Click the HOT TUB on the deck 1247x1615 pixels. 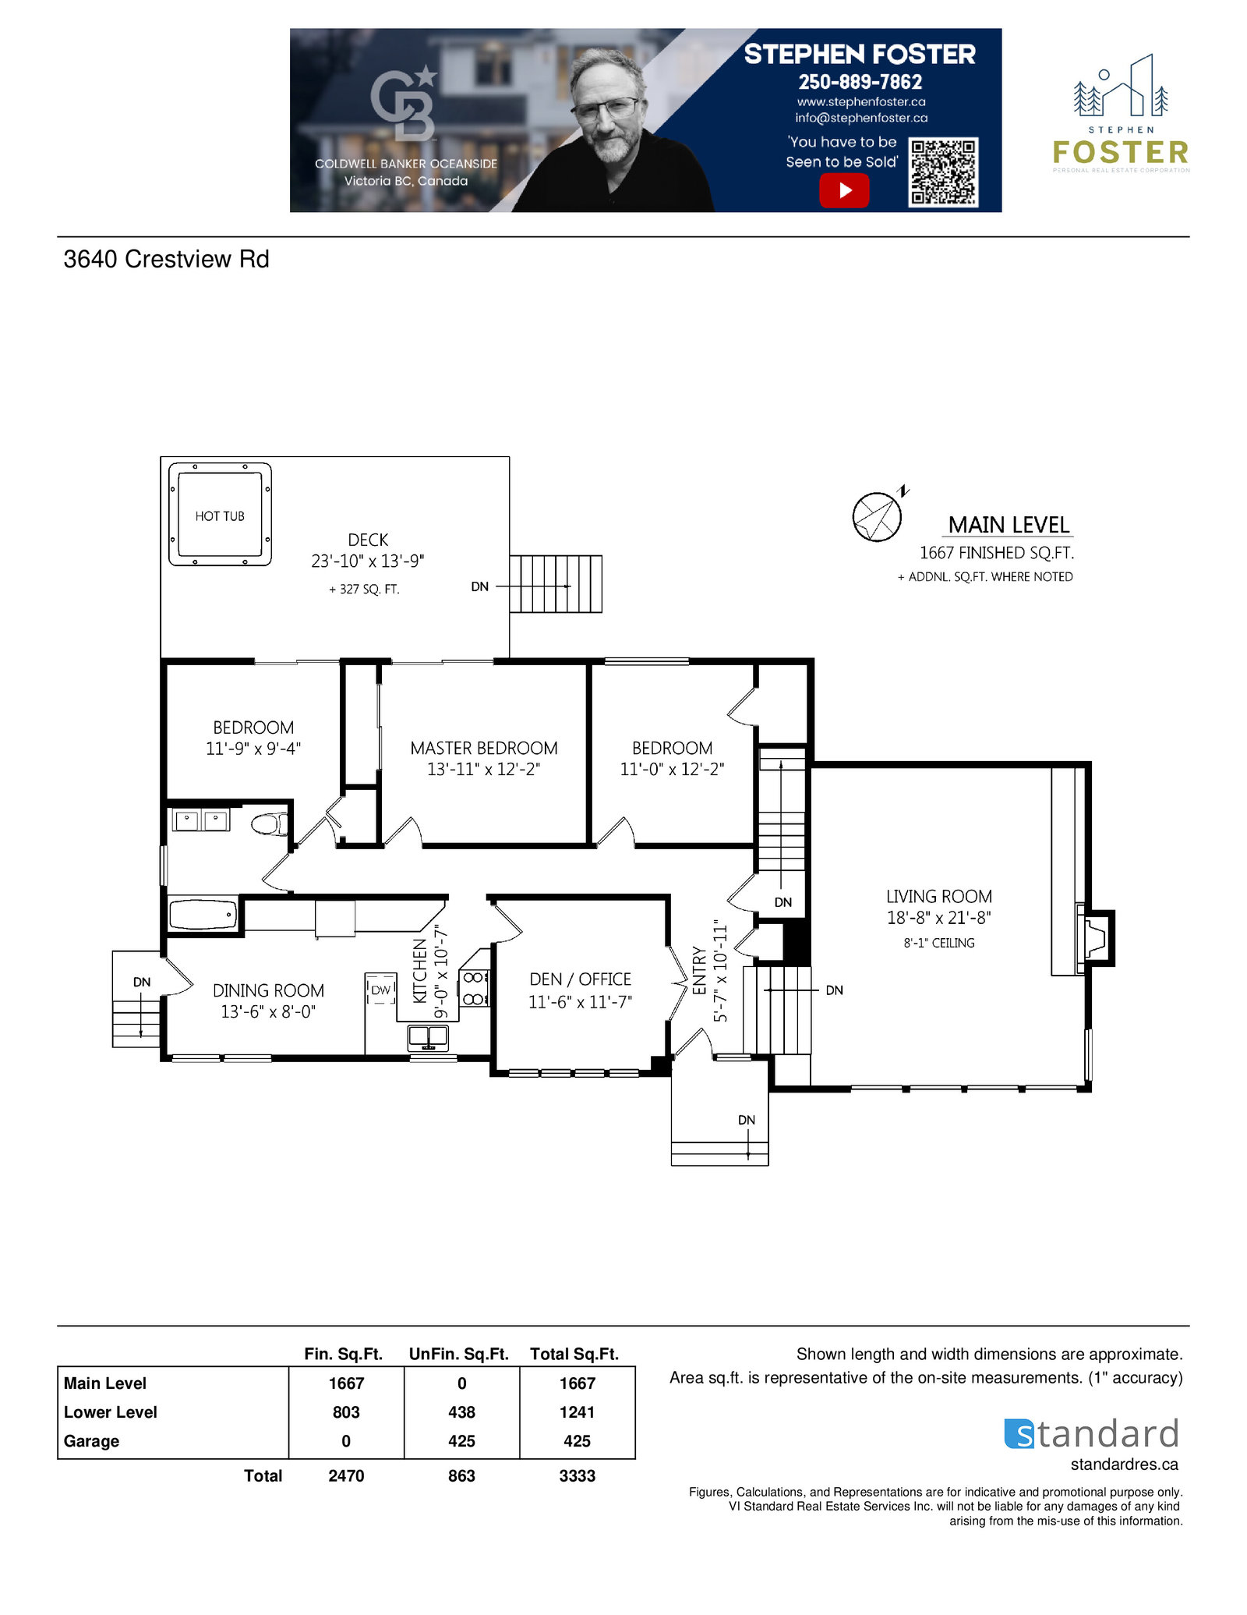pos(220,515)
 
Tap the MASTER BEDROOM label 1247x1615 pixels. pos(484,749)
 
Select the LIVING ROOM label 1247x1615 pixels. pos(939,897)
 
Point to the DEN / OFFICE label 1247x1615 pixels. pos(580,979)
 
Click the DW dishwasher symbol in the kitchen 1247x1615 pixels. pos(380,989)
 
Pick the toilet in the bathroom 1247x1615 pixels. pos(270,823)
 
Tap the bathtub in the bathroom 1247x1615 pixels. pos(203,914)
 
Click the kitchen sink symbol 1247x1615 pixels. pos(428,1037)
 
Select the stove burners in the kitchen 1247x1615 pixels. pos(474,987)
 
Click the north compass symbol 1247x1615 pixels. pos(878,515)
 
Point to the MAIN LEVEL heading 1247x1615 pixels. pos(1009,525)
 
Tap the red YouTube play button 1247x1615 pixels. pos(844,190)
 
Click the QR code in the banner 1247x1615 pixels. pos(943,172)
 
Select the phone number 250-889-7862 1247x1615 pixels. pos(860,82)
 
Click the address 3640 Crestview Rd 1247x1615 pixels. pos(166,259)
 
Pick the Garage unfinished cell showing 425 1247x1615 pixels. pos(461,1441)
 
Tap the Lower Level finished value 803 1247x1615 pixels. pos(346,1412)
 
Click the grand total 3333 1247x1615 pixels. pos(577,1475)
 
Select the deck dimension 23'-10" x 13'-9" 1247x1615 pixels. pos(368,561)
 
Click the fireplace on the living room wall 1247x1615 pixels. pos(1094,938)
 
